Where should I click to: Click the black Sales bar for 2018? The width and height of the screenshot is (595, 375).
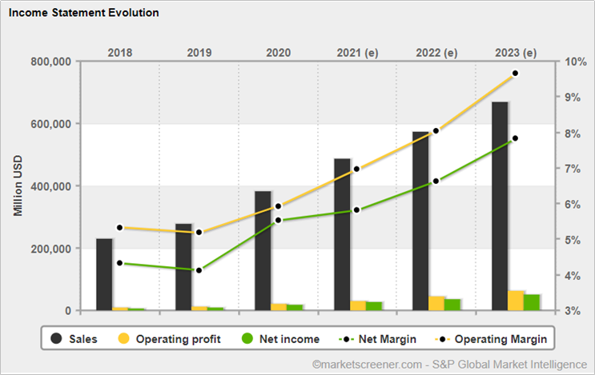point(104,274)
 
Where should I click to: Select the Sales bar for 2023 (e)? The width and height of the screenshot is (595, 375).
point(500,206)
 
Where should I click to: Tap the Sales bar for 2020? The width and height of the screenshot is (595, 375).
point(263,251)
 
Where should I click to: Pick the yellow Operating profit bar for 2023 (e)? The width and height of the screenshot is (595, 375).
point(516,301)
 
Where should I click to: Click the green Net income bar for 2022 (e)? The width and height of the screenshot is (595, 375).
point(452,305)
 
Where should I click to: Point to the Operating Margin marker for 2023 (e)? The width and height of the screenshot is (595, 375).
point(515,73)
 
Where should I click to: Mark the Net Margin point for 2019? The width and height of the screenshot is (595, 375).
point(199,270)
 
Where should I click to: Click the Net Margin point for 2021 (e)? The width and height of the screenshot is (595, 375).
point(356,209)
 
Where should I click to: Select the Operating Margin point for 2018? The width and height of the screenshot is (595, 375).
point(120,228)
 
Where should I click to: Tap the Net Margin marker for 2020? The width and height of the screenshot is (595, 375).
point(278,220)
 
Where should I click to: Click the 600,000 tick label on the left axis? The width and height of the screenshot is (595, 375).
point(50,124)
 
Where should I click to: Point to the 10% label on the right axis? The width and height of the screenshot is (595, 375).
point(575,62)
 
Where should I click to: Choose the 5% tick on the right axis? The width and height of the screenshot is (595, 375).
point(573,240)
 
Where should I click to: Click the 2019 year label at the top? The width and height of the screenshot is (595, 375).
point(199,52)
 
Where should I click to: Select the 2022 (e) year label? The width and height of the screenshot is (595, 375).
point(436,53)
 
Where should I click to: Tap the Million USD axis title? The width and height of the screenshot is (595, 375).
point(18,186)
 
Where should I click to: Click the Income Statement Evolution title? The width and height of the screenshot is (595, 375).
point(84,13)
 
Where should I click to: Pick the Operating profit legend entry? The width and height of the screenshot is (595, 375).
point(169,339)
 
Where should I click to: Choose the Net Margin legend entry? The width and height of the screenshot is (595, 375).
point(377,339)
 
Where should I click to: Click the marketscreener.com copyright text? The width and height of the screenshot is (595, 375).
point(450,365)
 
